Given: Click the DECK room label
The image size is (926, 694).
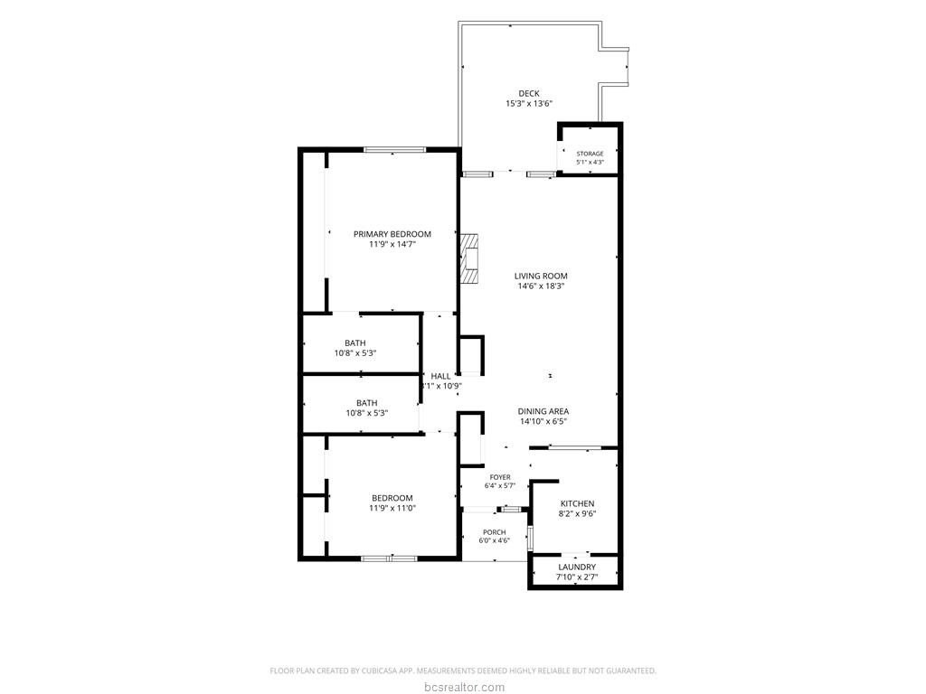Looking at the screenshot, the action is pyautogui.click(x=528, y=93).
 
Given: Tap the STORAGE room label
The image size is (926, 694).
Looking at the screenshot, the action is pyautogui.click(x=590, y=154).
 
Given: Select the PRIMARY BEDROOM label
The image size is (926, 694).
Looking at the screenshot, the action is pyautogui.click(x=392, y=234).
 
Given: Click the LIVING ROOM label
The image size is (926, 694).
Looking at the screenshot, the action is pyautogui.click(x=541, y=276).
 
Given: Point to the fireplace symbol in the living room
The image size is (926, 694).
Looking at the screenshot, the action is pyautogui.click(x=469, y=259).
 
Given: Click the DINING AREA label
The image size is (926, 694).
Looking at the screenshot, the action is pyautogui.click(x=543, y=411).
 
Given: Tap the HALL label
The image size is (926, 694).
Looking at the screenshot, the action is pyautogui.click(x=440, y=376).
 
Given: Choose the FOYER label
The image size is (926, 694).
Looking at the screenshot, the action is pyautogui.click(x=500, y=477).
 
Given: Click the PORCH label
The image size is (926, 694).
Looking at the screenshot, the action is pyautogui.click(x=495, y=532).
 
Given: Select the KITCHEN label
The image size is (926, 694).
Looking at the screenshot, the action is pyautogui.click(x=577, y=503).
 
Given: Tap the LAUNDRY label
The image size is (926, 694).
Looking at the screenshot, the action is pyautogui.click(x=577, y=567).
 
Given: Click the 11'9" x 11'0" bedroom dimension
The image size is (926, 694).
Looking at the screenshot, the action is pyautogui.click(x=392, y=508).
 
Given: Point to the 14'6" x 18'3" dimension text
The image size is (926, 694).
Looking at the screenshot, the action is pyautogui.click(x=541, y=286).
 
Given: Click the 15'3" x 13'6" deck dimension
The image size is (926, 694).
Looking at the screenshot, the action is pyautogui.click(x=528, y=103).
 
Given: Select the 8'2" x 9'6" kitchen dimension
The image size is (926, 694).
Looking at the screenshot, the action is pyautogui.click(x=577, y=513).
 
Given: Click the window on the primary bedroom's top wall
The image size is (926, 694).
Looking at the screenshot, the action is pyautogui.click(x=394, y=149).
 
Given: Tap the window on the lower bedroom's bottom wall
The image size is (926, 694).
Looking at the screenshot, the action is pyautogui.click(x=389, y=558).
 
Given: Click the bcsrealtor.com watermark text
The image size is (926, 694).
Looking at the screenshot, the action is pyautogui.click(x=464, y=687).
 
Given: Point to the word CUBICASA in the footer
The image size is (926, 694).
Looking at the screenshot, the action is pyautogui.click(x=381, y=671).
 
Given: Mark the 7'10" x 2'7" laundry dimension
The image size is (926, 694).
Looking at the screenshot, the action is pyautogui.click(x=577, y=577).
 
